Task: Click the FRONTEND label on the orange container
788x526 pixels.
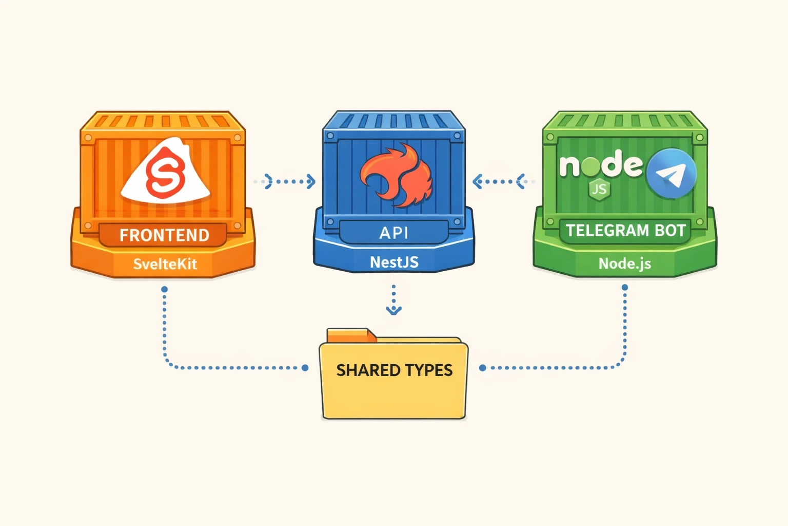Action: point(164,235)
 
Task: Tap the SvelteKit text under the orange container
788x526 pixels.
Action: point(165,264)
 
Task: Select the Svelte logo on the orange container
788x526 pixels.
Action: point(165,173)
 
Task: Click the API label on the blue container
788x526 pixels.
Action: point(393,233)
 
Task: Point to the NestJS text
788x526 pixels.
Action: point(394,262)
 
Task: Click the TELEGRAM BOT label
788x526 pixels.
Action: point(625,231)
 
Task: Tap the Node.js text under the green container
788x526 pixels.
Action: point(624,264)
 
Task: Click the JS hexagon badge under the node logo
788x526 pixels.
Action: point(599,190)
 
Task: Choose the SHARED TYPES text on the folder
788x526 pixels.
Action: point(394,370)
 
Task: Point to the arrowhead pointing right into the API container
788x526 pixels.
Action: point(310,181)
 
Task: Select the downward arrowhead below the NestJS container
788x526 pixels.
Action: point(393,310)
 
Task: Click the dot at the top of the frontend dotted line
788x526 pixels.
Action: point(164,289)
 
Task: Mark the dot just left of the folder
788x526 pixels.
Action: point(305,368)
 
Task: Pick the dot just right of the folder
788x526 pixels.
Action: point(482,368)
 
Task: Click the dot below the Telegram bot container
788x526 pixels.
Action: point(624,288)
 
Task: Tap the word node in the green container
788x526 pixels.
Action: point(601,165)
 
